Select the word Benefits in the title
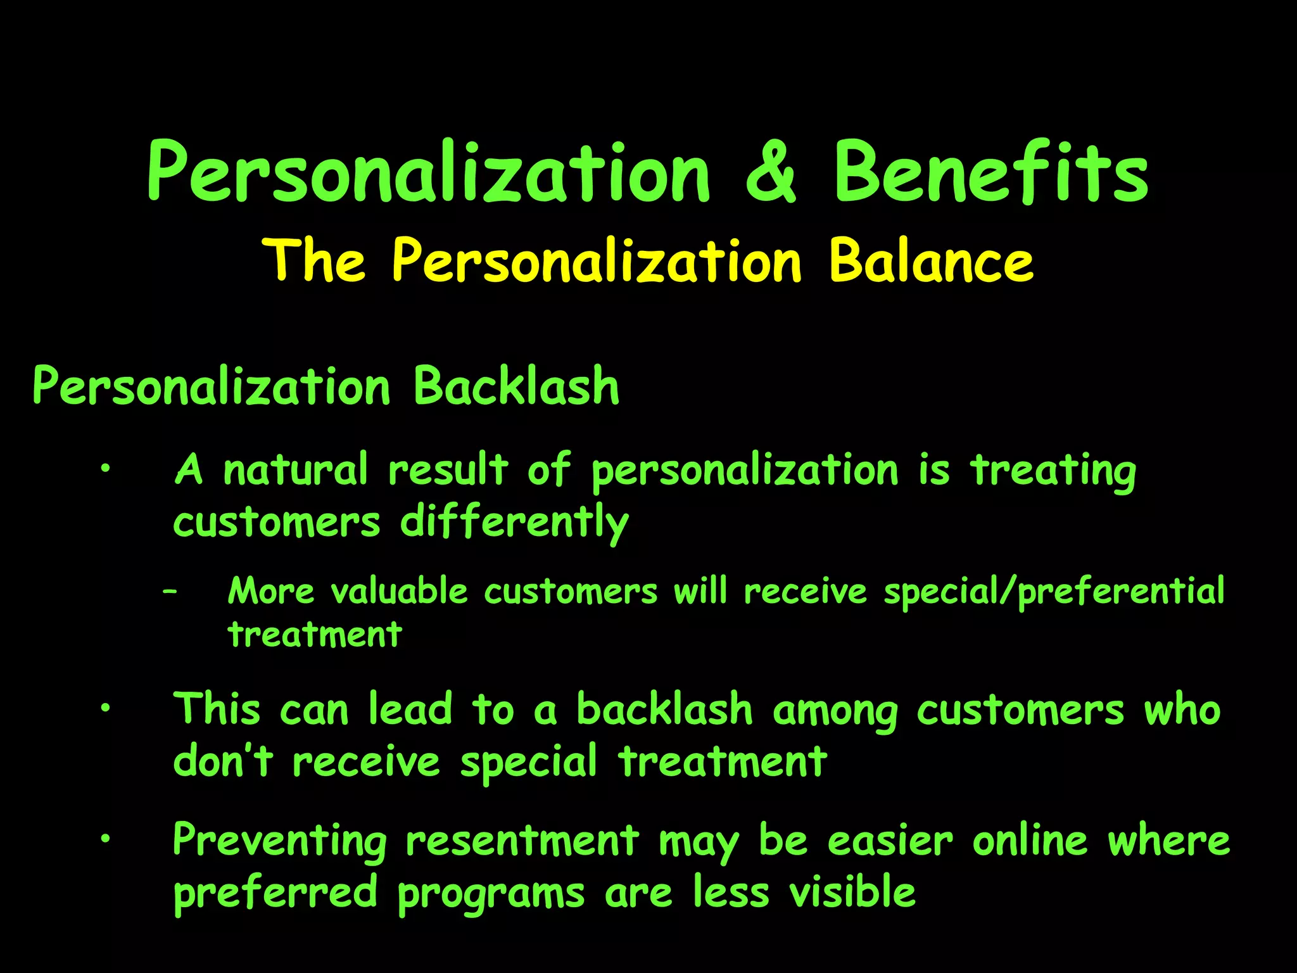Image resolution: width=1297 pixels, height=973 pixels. tap(990, 173)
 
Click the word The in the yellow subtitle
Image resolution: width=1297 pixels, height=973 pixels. tap(315, 261)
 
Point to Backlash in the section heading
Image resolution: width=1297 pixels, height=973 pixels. tap(516, 386)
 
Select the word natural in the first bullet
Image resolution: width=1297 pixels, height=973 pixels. tap(295, 471)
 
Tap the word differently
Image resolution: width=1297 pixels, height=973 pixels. tap(514, 523)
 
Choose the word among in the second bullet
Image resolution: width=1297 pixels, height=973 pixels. tap(835, 711)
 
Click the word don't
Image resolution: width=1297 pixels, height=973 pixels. tap(223, 761)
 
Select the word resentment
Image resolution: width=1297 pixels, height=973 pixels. tap(522, 841)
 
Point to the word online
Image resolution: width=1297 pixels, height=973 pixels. tap(1030, 841)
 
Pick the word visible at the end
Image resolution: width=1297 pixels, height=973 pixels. tap(852, 892)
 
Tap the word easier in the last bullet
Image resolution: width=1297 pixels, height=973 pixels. tap(890, 841)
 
